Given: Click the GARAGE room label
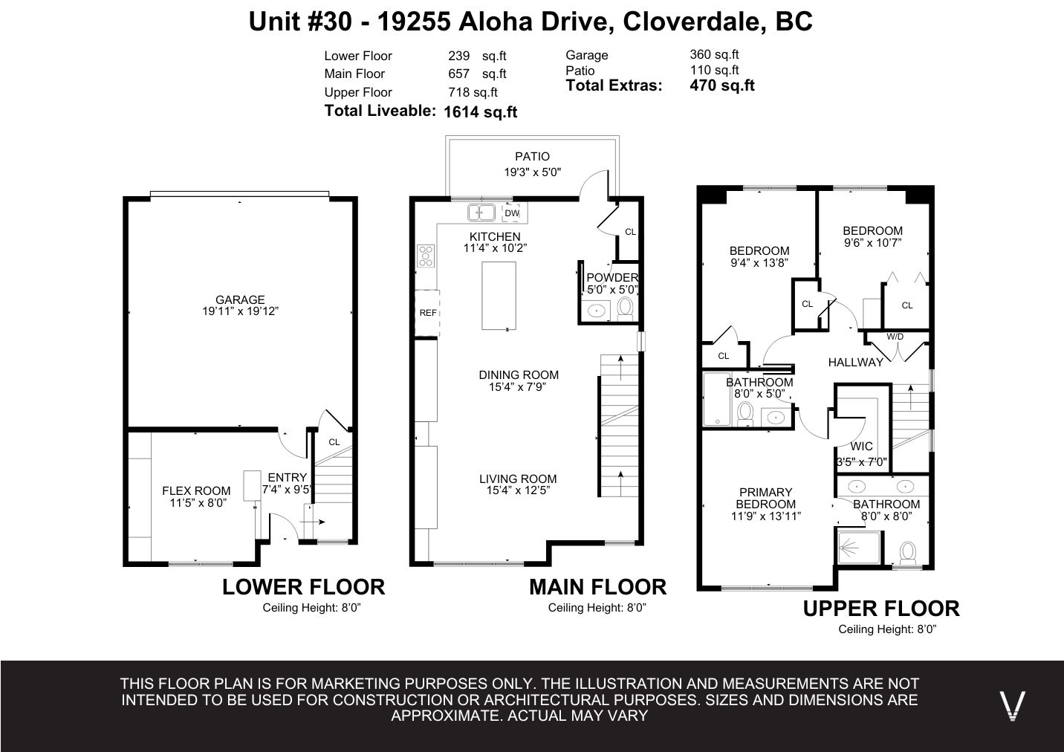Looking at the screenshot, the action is tap(240, 299).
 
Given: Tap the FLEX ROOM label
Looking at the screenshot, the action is tap(196, 490).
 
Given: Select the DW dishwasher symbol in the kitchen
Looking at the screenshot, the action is tap(512, 213).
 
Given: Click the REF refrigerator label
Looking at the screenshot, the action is tap(427, 313).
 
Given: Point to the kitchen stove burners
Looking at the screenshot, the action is tap(426, 256).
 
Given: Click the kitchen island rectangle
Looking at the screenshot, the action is tap(499, 296).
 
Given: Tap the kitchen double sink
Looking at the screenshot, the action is tap(481, 213).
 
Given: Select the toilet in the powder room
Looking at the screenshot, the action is tap(625, 309).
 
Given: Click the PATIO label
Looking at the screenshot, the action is tap(532, 156).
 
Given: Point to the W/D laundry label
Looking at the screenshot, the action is tap(895, 337).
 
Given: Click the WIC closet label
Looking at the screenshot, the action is tap(861, 446).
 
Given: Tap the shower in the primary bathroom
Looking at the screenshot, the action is tap(859, 548).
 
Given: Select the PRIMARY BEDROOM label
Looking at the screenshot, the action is tap(765, 498).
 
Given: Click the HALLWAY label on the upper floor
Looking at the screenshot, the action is tap(855, 363).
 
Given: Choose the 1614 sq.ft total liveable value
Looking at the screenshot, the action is tap(480, 112).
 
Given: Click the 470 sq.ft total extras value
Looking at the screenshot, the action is tap(722, 85).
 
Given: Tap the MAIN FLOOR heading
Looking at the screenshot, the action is tap(597, 587).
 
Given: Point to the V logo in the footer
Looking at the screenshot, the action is tap(1012, 705).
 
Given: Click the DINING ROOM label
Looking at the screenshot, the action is tap(518, 375).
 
